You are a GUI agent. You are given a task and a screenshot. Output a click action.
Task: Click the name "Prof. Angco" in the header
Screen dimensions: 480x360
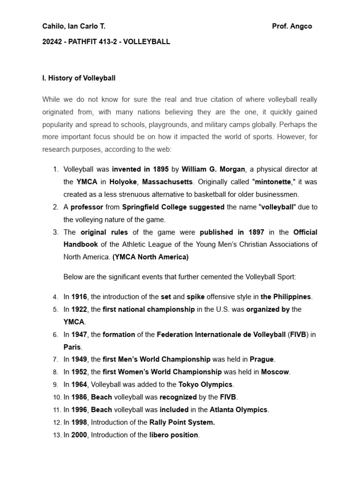292,26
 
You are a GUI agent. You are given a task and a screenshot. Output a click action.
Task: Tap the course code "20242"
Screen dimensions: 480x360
52,42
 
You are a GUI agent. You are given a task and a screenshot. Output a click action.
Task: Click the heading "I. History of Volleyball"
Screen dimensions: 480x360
79,78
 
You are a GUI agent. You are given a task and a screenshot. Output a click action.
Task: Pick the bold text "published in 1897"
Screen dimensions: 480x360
232,232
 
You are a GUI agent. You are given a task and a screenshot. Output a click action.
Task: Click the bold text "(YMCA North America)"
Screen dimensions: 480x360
150,257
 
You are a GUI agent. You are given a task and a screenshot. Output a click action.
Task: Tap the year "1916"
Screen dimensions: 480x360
80,297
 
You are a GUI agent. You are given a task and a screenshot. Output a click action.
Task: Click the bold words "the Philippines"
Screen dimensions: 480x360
285,297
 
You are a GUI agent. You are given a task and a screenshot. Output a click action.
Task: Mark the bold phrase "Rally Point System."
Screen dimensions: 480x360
182,422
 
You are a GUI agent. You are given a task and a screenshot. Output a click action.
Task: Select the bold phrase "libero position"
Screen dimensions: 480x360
174,435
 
